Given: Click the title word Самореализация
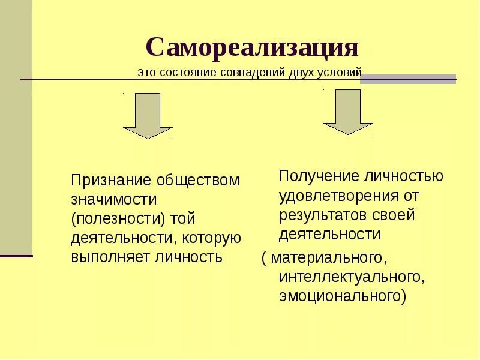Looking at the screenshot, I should click(x=252, y=47).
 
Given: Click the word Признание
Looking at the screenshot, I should click(x=112, y=181).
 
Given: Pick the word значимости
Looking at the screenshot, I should click(x=114, y=200).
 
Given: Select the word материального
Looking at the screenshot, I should click(x=326, y=258).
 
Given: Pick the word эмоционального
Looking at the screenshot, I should click(x=340, y=296).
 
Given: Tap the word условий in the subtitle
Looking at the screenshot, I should click(x=344, y=72).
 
